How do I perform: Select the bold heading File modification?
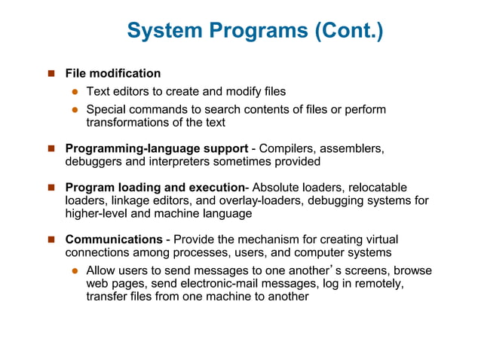[113, 73]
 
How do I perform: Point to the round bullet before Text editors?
[75, 92]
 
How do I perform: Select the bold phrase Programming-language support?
[157, 148]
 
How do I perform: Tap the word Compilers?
[287, 148]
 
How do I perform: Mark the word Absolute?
[276, 187]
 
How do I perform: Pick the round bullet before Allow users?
[75, 270]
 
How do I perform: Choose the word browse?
[412, 270]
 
